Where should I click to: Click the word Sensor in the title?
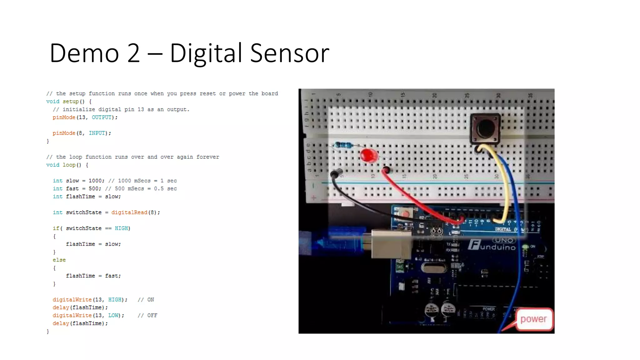[290, 53]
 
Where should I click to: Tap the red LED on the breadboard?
[368, 155]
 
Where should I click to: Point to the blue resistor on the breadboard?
[344, 145]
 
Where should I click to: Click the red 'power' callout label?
[533, 319]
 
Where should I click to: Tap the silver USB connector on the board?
[391, 244]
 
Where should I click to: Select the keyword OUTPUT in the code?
[102, 117]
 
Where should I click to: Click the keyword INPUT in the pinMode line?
[97, 133]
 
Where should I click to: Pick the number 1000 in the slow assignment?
[95, 181]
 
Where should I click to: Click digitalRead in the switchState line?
[129, 212]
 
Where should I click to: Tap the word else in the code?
[59, 260]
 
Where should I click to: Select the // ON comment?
[146, 300]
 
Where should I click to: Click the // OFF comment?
[147, 316]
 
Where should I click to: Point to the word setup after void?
[71, 102]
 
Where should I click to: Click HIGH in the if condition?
[121, 228]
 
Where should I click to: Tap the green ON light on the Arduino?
[525, 247]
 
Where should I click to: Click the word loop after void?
[69, 165]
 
